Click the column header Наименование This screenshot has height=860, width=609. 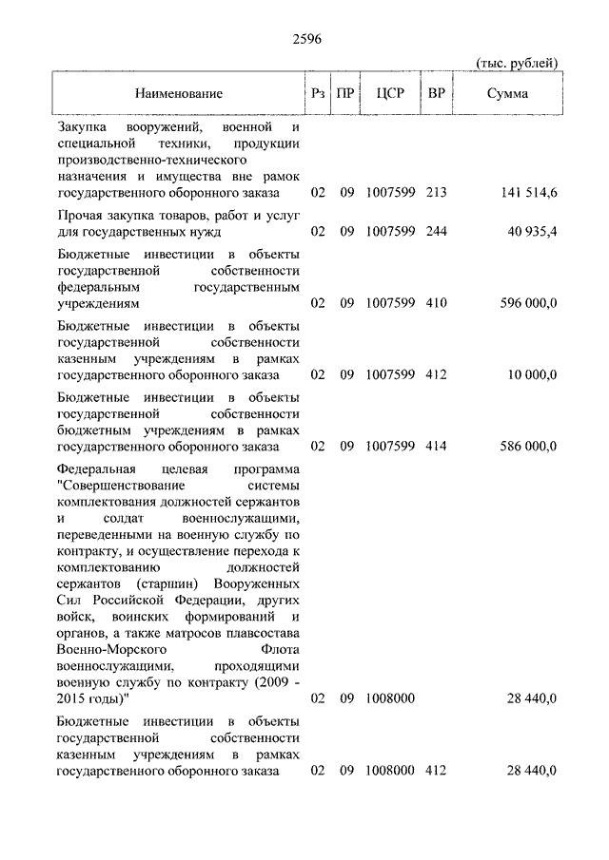pyautogui.click(x=178, y=93)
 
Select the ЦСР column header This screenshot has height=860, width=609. pyautogui.click(x=390, y=93)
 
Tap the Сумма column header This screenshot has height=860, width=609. pyautogui.click(x=508, y=93)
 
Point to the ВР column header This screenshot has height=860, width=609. pyautogui.click(x=437, y=93)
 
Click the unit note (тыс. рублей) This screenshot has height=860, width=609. pyautogui.click(x=516, y=63)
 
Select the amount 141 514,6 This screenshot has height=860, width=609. pyautogui.click(x=528, y=193)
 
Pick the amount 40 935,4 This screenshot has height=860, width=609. pyautogui.click(x=532, y=231)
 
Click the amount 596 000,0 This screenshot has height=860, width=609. pyautogui.click(x=528, y=303)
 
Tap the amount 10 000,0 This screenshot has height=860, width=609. pyautogui.click(x=532, y=374)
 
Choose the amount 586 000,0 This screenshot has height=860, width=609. pyautogui.click(x=528, y=445)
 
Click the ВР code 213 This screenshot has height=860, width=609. pyautogui.click(x=437, y=193)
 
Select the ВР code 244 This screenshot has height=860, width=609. pyautogui.click(x=437, y=231)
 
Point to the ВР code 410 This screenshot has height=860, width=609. pyautogui.click(x=437, y=303)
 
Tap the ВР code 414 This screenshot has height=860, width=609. pyautogui.click(x=437, y=445)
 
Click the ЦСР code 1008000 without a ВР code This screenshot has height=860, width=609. pyautogui.click(x=390, y=698)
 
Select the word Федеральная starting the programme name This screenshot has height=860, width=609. pyautogui.click(x=95, y=469)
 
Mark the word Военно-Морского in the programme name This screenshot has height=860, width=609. pyautogui.click(x=107, y=650)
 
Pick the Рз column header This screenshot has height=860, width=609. pyautogui.click(x=318, y=93)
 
